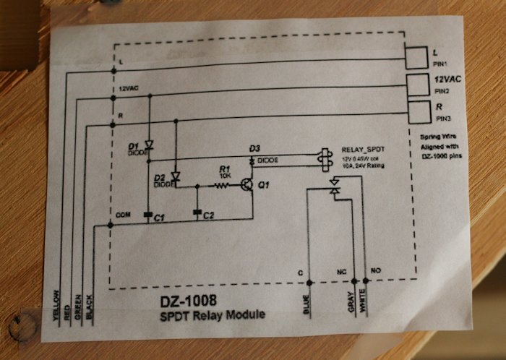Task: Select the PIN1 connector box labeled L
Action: (x=417, y=57)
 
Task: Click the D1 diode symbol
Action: (x=149, y=145)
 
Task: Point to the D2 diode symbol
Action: (x=176, y=176)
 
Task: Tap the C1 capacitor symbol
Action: (x=148, y=214)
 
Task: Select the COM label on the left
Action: (x=122, y=215)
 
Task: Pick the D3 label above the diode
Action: (x=254, y=149)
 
